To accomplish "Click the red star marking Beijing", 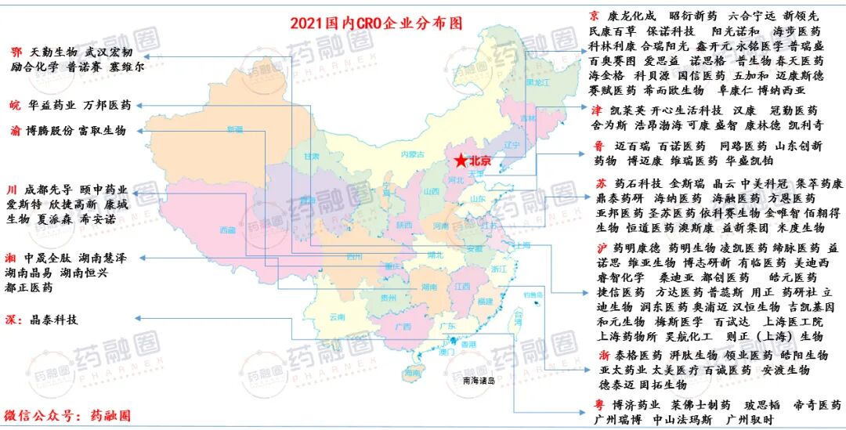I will (x=461, y=161).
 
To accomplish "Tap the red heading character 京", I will (x=594, y=16).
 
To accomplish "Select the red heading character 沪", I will (x=600, y=248).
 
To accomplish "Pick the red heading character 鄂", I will (x=16, y=52).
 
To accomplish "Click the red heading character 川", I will (x=12, y=190).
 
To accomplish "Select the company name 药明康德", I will (x=637, y=248).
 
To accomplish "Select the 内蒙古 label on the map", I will (x=410, y=154).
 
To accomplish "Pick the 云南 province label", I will (x=337, y=316).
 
